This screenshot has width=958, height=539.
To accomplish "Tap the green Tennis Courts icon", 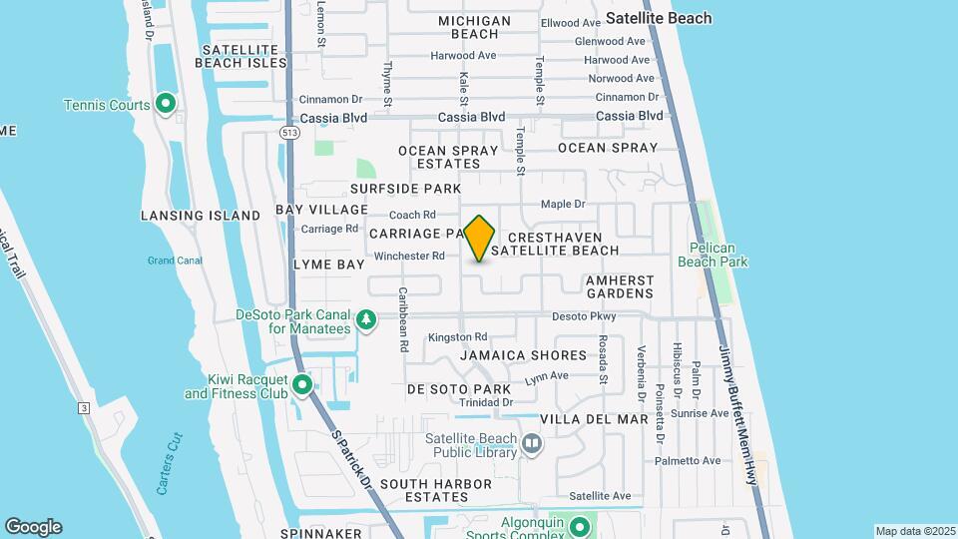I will tap(166, 104).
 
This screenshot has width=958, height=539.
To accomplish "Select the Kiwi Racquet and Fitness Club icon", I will tap(301, 384).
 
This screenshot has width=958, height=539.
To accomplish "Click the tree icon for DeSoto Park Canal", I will tap(367, 319).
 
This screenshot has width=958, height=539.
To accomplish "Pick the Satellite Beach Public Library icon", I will tap(532, 442).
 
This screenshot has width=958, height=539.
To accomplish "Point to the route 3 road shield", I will tap(84, 408).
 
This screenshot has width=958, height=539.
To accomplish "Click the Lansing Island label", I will tap(194, 216).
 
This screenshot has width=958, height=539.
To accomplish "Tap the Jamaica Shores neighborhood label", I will tap(523, 355).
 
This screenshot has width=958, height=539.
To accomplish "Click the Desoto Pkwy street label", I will tap(586, 316).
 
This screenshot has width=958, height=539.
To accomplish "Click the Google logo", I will tap(33, 527).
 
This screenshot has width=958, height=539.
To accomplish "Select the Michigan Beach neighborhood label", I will tap(474, 27).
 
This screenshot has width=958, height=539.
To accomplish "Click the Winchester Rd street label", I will tap(409, 257).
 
